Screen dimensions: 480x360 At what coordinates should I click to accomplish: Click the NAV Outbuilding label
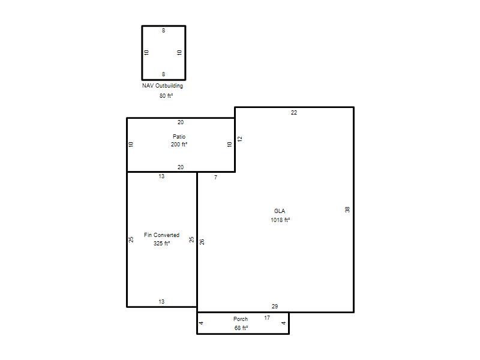pyautogui.click(x=163, y=86)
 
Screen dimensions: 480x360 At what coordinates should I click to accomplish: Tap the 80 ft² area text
pyautogui.click(x=166, y=96)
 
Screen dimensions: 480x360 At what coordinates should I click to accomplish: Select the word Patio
pyautogui.click(x=179, y=137)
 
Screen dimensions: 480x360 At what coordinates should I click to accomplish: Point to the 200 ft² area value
pyautogui.click(x=179, y=144)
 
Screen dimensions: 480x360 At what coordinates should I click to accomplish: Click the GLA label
pyautogui.click(x=280, y=211)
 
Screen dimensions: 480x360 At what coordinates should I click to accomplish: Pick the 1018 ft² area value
pyautogui.click(x=280, y=220)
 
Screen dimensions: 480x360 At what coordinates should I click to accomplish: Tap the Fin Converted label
pyautogui.click(x=161, y=235)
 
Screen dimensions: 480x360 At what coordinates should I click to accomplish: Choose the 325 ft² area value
pyautogui.click(x=161, y=244)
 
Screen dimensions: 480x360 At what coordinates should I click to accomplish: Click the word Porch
pyautogui.click(x=241, y=319)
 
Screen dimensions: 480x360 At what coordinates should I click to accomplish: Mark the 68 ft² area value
pyautogui.click(x=241, y=328)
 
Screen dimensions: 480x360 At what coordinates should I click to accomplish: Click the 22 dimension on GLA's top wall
pyautogui.click(x=294, y=113)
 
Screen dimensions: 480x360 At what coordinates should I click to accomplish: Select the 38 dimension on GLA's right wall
pyautogui.click(x=347, y=209)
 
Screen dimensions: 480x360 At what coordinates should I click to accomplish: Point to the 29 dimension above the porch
pyautogui.click(x=275, y=306)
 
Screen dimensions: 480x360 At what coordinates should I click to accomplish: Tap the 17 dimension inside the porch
pyautogui.click(x=267, y=318)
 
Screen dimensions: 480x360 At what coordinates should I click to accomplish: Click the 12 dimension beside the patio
pyautogui.click(x=240, y=139)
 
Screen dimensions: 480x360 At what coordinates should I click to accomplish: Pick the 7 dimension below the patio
pyautogui.click(x=216, y=177)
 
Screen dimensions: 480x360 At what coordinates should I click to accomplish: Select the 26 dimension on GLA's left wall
pyautogui.click(x=202, y=242)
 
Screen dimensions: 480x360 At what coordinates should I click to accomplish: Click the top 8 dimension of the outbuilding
pyautogui.click(x=163, y=31)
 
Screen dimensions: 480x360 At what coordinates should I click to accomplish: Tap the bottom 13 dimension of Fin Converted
pyautogui.click(x=161, y=302)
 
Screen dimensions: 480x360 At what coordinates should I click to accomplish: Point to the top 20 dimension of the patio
pyautogui.click(x=181, y=122)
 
